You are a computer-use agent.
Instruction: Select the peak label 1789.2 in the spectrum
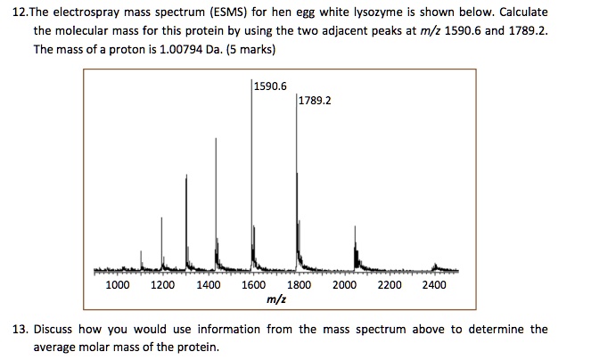316,101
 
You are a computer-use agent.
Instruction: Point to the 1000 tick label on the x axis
118,285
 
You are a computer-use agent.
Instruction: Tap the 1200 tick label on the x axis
163,285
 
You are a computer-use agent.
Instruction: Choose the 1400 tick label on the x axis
209,285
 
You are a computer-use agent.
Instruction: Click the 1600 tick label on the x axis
254,285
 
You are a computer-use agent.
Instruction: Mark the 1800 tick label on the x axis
300,285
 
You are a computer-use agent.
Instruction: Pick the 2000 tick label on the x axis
344,285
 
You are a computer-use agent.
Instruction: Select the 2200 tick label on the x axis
390,285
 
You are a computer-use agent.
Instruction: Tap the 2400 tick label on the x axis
435,285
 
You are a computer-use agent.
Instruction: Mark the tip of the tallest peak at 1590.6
251,81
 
